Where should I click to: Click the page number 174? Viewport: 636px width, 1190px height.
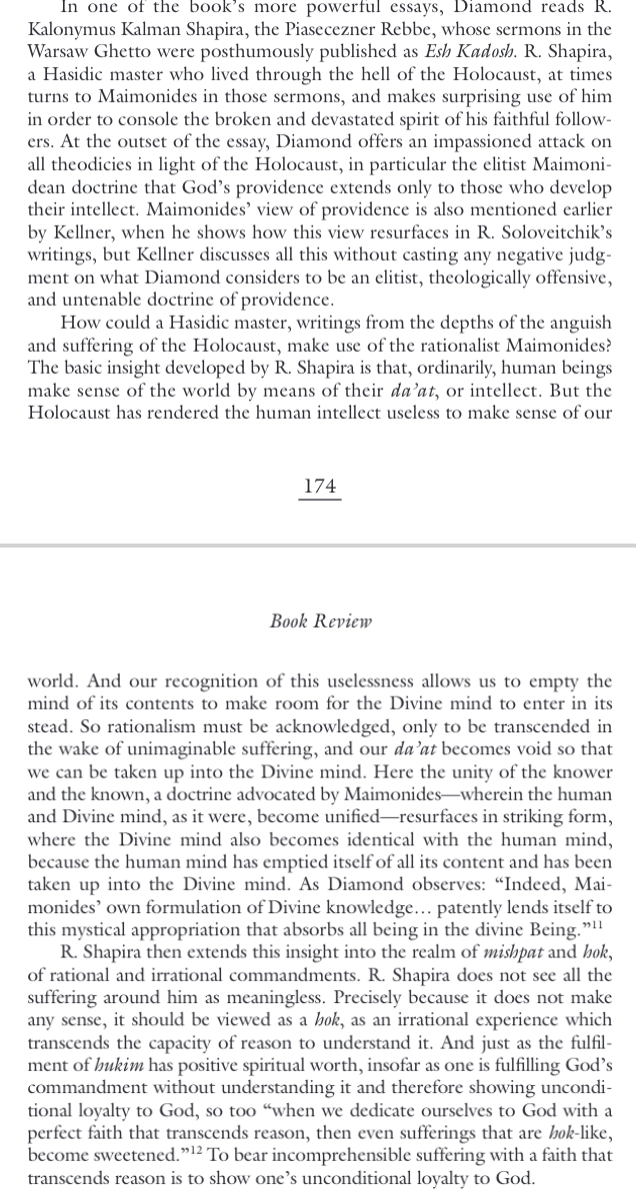(319, 487)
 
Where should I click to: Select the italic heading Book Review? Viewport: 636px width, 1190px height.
(320, 620)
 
